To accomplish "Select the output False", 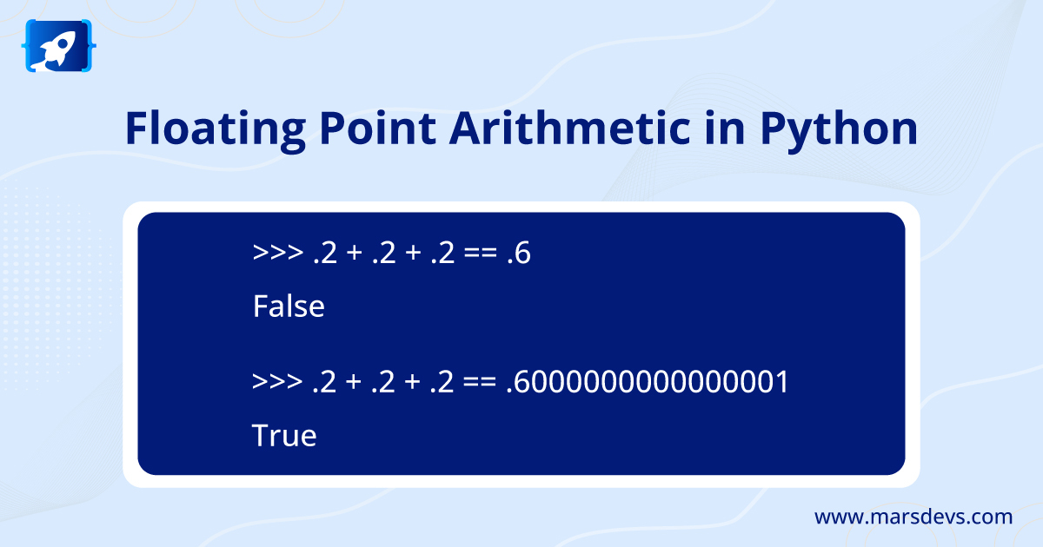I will point(289,306).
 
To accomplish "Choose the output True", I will point(284,435).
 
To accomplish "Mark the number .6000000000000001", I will point(647,382).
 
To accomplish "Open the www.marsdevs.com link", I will point(913,517).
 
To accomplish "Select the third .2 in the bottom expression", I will point(442,382).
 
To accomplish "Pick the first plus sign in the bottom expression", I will point(352,382).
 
